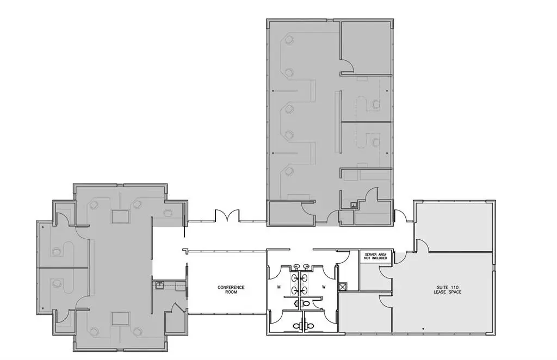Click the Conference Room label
click(231, 289)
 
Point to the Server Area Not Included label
click(375, 256)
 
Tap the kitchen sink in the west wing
click(159, 284)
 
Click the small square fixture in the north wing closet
click(354, 205)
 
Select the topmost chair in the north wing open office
click(289, 39)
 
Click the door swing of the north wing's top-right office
click(348, 66)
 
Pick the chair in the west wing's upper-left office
click(55, 251)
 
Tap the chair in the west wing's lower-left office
click(55, 282)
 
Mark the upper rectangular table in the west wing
click(120, 216)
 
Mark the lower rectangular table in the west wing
click(120, 318)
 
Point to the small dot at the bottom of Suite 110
click(424, 327)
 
